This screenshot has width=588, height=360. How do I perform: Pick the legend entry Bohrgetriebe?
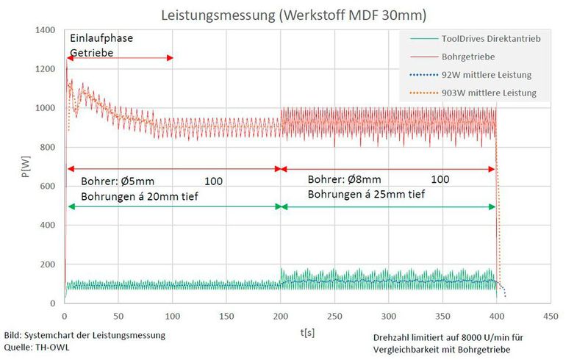467,57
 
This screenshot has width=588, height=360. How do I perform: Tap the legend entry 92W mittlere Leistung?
487,74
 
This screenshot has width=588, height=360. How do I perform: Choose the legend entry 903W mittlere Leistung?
489,93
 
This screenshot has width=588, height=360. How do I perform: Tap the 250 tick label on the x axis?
335,316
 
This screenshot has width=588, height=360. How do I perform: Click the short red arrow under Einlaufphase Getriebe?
120,58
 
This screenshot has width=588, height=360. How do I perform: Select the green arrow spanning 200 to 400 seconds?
388,207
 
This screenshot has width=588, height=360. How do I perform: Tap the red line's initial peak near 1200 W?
66,68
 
